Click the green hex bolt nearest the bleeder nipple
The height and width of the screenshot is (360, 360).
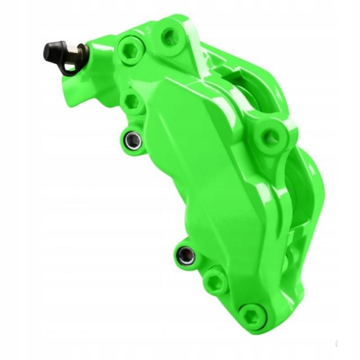tap(130, 50)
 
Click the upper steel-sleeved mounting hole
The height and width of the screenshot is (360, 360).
tap(134, 140)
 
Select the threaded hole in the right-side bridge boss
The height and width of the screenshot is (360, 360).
tap(270, 136)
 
